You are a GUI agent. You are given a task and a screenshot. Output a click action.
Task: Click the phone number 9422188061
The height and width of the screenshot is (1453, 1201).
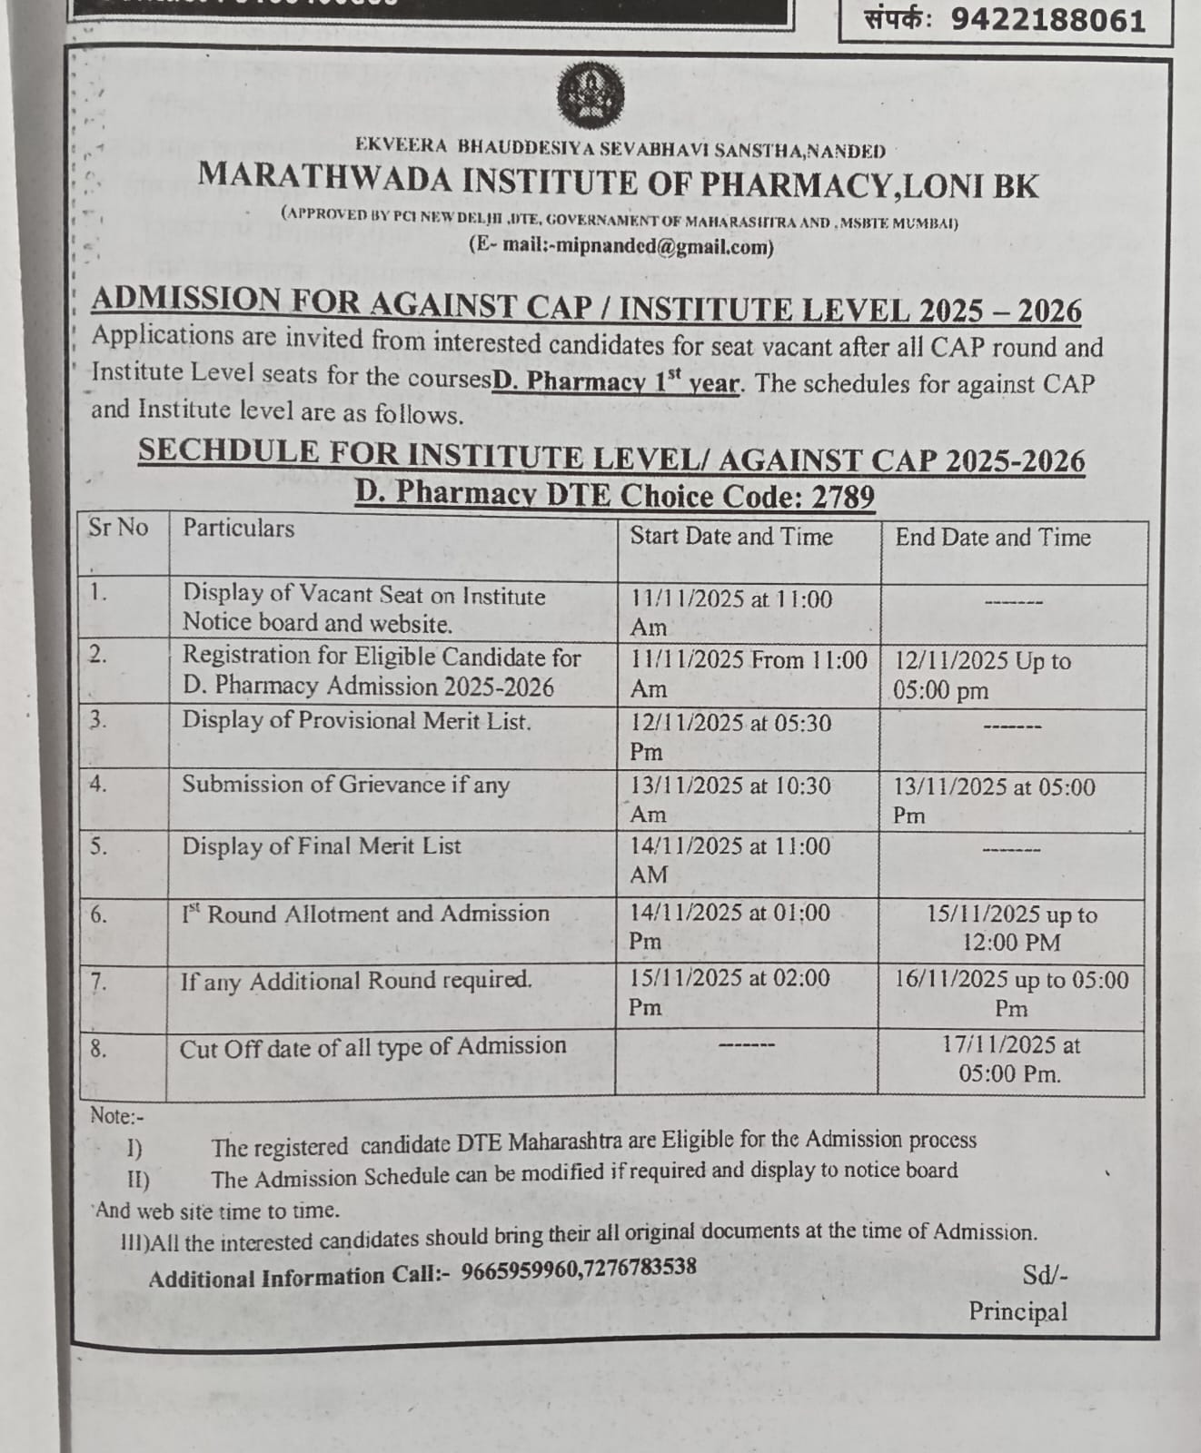[1047, 20]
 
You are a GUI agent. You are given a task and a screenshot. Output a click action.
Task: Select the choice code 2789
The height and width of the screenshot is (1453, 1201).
[843, 497]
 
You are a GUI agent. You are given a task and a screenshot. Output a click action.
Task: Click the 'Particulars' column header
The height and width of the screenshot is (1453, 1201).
[239, 529]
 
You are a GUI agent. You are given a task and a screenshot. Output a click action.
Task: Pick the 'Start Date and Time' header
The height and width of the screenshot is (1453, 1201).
[731, 537]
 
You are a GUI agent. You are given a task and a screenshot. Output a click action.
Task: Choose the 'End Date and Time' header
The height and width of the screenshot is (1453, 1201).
[993, 538]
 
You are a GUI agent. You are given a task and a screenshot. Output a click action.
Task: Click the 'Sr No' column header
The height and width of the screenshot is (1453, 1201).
[118, 528]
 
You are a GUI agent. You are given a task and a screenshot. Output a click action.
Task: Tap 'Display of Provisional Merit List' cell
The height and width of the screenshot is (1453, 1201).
[356, 721]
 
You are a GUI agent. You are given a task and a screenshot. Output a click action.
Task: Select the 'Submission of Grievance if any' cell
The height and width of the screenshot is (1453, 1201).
[345, 785]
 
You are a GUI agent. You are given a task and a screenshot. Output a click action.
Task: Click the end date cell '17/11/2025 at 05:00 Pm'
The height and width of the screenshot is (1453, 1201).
[1010, 1060]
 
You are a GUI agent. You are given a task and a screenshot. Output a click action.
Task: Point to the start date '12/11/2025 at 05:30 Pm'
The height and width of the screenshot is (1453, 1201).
[730, 737]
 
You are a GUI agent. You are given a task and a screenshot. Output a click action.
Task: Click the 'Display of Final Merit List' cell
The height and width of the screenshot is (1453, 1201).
[322, 846]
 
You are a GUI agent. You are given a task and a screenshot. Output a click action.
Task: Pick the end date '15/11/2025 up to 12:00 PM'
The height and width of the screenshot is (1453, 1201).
[1011, 928]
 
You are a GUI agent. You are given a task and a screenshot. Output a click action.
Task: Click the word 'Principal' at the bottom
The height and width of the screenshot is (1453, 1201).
[1017, 1311]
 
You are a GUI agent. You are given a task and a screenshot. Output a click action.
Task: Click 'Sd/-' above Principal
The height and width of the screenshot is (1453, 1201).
[1045, 1276]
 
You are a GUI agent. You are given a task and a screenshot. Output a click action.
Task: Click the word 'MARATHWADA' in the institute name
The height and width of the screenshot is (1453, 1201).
[324, 177]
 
